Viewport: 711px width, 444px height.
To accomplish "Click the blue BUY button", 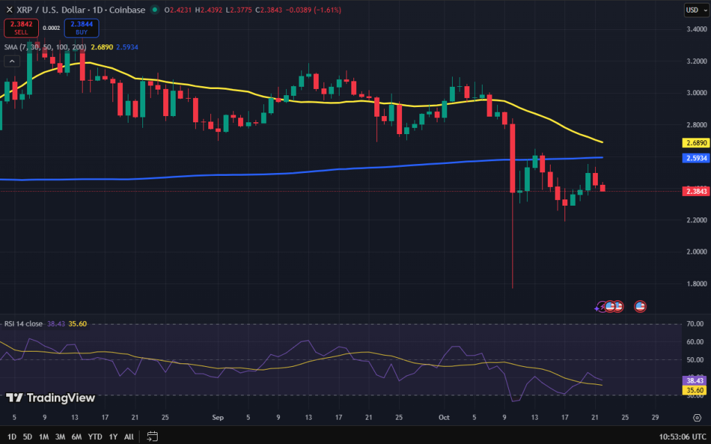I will click(81, 28).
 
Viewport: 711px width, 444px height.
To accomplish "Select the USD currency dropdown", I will click(693, 10).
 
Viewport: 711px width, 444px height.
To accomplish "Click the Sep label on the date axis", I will click(218, 418).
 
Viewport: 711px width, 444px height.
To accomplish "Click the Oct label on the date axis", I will click(444, 418).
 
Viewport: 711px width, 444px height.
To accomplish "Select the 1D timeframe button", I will click(12, 436).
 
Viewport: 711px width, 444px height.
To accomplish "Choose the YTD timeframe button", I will click(94, 436).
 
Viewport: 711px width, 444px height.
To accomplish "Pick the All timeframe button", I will click(128, 436).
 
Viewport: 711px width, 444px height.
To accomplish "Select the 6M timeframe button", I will click(76, 436).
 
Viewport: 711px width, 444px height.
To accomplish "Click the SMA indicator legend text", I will click(44, 47).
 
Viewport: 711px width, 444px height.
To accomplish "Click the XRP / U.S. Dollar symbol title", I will click(48, 10).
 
